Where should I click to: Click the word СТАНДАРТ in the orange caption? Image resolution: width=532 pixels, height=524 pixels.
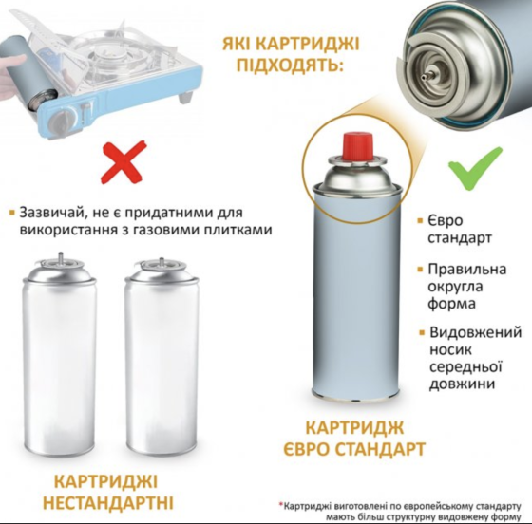tap(382, 448)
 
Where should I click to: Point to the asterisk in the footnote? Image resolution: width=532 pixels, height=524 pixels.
tap(282, 503)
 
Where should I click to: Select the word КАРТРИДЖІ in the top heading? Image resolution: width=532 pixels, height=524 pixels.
tap(313, 44)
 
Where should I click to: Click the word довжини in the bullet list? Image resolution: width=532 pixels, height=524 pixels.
tap(464, 384)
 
